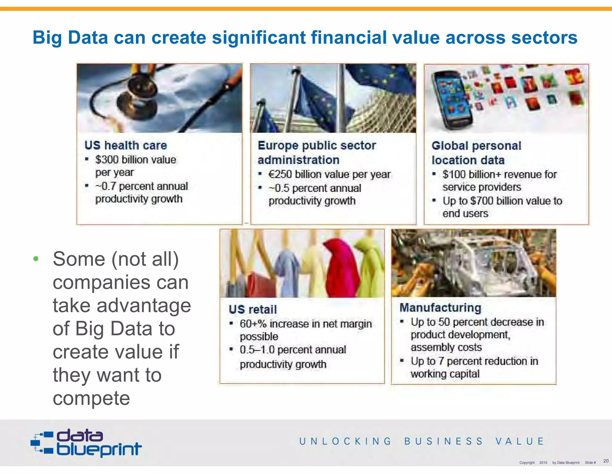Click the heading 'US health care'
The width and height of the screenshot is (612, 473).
(126, 146)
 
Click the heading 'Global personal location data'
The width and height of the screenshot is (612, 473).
(476, 153)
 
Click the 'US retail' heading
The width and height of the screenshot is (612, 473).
(253, 309)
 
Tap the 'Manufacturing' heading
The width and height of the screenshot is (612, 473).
(440, 308)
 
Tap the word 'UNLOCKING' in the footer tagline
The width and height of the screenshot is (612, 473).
(345, 441)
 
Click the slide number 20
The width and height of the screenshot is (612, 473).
(606, 461)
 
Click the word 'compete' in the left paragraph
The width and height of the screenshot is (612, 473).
(91, 398)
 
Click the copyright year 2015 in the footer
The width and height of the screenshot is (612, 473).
(543, 463)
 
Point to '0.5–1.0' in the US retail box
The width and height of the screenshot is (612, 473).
(257, 350)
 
